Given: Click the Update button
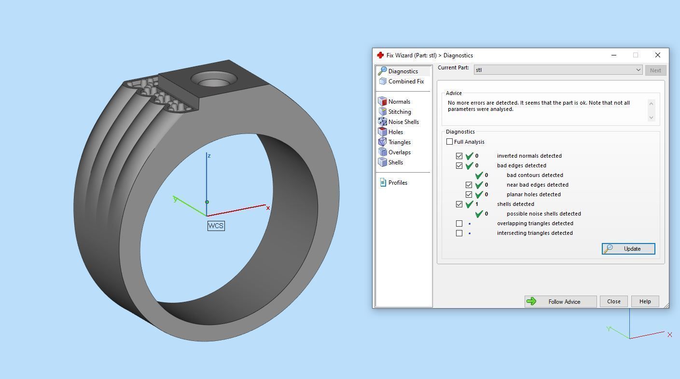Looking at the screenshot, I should click(x=628, y=249).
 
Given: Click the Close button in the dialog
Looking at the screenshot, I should click(x=613, y=301).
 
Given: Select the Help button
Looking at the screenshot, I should click(x=645, y=301).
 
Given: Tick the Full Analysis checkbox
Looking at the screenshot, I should click(x=450, y=142).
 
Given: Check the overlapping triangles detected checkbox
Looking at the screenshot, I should click(x=459, y=223).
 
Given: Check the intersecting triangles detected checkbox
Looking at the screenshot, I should click(x=459, y=233).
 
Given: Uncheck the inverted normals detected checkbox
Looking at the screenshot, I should click(x=459, y=156).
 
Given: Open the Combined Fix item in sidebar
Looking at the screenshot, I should click(x=405, y=81).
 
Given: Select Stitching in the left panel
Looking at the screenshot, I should click(x=399, y=112).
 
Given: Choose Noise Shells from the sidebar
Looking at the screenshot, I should click(x=403, y=122).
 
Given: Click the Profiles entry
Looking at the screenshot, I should click(x=397, y=183).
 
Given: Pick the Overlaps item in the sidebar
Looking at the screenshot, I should click(x=399, y=152).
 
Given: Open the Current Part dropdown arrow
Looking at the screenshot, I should click(x=638, y=70).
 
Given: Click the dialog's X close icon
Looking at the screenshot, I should click(x=657, y=55).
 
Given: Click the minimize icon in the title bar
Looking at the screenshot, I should click(x=613, y=55).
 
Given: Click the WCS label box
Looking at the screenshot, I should click(x=216, y=226).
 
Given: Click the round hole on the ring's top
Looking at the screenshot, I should click(x=214, y=79).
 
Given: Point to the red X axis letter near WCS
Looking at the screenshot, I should click(x=268, y=208).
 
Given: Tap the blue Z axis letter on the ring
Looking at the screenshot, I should click(x=208, y=156).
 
